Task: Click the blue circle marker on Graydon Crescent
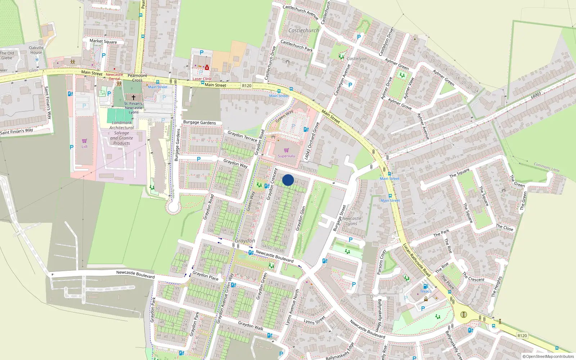pos(288,180)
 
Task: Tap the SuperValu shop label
pos(287,156)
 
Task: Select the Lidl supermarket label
pos(84,147)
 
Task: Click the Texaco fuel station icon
pos(426,287)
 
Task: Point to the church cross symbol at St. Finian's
pos(133,98)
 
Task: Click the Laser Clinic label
pos(202,79)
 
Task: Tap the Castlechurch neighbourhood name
pos(303,31)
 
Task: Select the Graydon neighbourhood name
pos(245,240)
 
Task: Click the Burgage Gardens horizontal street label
pos(199,122)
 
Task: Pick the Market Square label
pos(103,41)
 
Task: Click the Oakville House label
pos(36,50)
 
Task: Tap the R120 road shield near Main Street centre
pos(247,86)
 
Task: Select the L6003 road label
pos(536,95)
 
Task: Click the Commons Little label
pos(546,167)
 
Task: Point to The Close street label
pos(504,228)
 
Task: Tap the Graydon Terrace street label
pos(242,136)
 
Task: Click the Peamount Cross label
pos(137,78)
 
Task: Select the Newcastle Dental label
pos(114,77)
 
